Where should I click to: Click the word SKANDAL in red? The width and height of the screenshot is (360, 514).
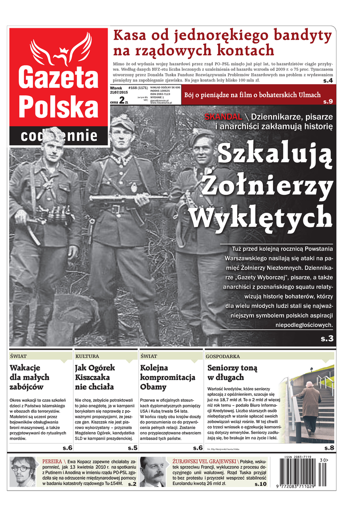[220, 116]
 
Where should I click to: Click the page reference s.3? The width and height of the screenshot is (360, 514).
[327, 339]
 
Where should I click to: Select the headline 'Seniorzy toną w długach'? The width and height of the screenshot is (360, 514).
[232, 372]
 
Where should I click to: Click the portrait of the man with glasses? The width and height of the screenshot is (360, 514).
[23, 472]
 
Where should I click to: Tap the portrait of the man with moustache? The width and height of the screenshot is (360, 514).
[153, 472]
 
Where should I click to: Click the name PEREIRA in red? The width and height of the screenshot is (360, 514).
[52, 461]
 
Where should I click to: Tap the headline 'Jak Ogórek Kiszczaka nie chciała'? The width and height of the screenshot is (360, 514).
[94, 377]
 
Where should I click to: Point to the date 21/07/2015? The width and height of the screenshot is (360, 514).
[118, 93]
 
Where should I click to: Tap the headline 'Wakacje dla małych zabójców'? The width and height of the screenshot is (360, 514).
[30, 377]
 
